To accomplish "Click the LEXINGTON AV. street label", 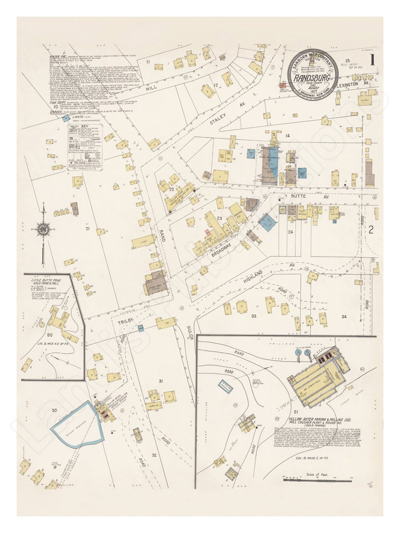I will (x=353, y=84).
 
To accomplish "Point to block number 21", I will (x=87, y=229).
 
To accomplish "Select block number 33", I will (x=254, y=316).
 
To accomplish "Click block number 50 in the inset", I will (x=50, y=335).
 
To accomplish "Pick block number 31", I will (x=161, y=381).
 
